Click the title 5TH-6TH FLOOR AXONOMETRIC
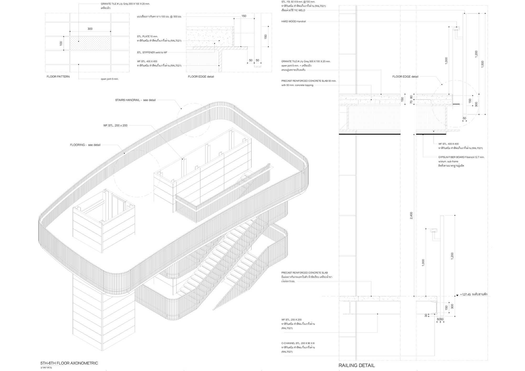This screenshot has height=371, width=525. [69, 363]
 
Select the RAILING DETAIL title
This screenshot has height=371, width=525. [356, 365]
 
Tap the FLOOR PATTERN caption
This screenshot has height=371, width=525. [58, 77]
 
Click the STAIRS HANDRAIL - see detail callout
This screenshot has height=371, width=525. [135, 100]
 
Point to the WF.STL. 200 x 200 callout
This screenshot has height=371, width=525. [115, 125]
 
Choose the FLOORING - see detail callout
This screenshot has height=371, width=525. [85, 145]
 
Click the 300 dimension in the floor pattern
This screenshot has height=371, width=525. [90, 29]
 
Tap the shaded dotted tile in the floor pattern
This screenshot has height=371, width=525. [90, 43]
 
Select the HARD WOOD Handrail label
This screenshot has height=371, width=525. [293, 22]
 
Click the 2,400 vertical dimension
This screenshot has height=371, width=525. [411, 215]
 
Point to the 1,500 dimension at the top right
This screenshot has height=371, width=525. [482, 64]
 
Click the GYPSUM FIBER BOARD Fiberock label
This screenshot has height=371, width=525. [461, 157]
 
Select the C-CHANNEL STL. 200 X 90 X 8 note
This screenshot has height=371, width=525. [298, 343]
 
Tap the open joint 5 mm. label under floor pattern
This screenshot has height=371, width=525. [109, 79]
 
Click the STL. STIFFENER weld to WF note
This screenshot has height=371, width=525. [152, 52]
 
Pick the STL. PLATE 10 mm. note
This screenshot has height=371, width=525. [147, 36]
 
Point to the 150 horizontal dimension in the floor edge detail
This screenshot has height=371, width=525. [244, 16]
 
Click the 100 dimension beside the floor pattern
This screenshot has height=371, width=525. [61, 43]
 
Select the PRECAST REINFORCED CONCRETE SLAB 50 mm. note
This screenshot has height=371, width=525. [309, 81]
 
